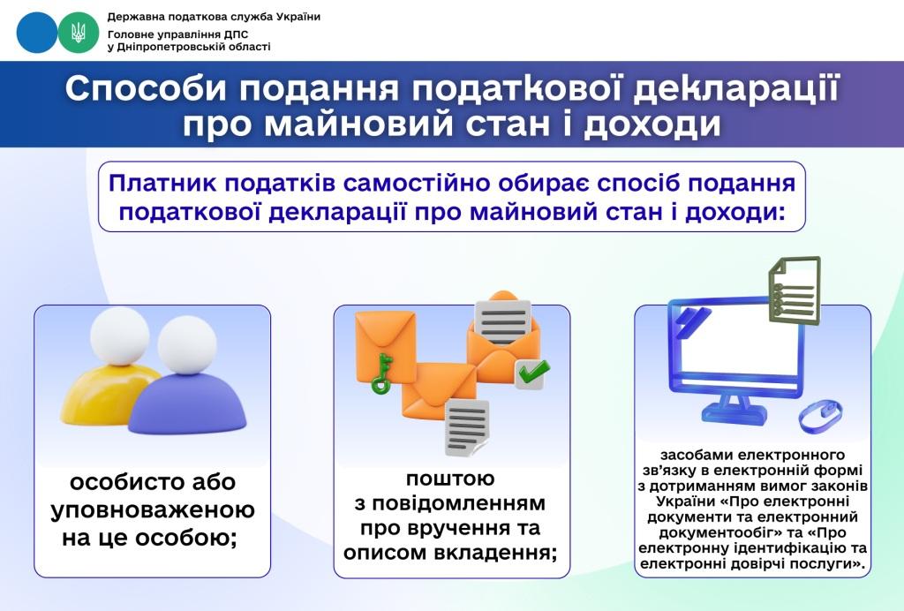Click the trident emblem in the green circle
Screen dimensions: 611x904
click(79, 32)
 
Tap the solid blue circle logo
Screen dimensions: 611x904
click(37, 32)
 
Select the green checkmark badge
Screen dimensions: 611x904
click(530, 373)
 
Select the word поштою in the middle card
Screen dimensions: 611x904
click(451, 479)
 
